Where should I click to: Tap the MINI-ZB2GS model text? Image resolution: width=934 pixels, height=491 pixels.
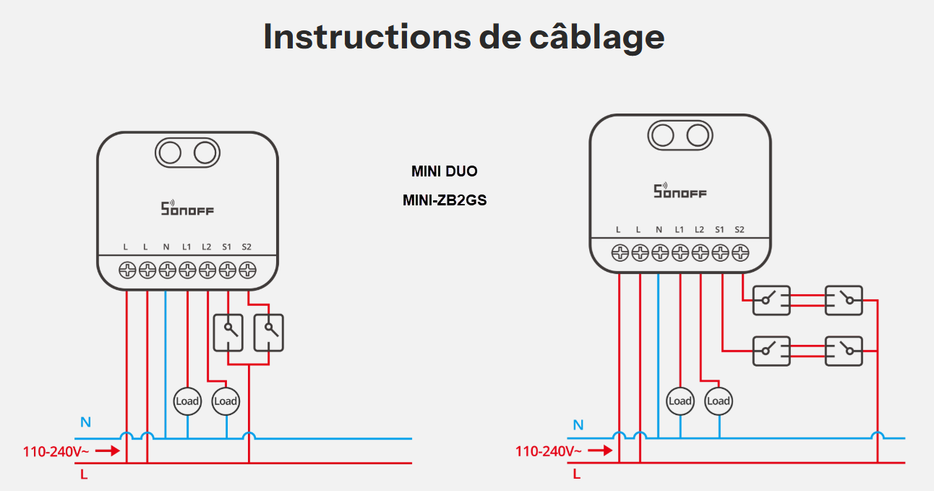445,200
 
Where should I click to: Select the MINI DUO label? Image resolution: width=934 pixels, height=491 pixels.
445,171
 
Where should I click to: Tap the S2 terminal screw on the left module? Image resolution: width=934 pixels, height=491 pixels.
248,270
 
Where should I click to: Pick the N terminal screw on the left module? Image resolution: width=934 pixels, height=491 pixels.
167,270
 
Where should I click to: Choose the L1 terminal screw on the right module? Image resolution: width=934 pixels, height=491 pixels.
680,253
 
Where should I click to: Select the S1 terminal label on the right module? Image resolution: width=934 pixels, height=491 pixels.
719,230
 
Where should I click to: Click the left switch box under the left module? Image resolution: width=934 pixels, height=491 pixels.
228,333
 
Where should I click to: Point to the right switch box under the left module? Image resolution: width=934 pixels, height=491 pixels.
269,333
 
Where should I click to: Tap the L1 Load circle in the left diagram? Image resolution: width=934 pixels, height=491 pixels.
187,401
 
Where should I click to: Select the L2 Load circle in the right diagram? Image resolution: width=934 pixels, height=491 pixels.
719,401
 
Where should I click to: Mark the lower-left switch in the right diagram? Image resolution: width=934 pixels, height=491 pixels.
771,351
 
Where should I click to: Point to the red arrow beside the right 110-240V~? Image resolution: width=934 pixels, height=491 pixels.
599,451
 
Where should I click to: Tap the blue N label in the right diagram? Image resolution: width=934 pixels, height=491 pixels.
578,425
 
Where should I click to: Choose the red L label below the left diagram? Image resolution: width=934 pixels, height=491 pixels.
84,476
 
